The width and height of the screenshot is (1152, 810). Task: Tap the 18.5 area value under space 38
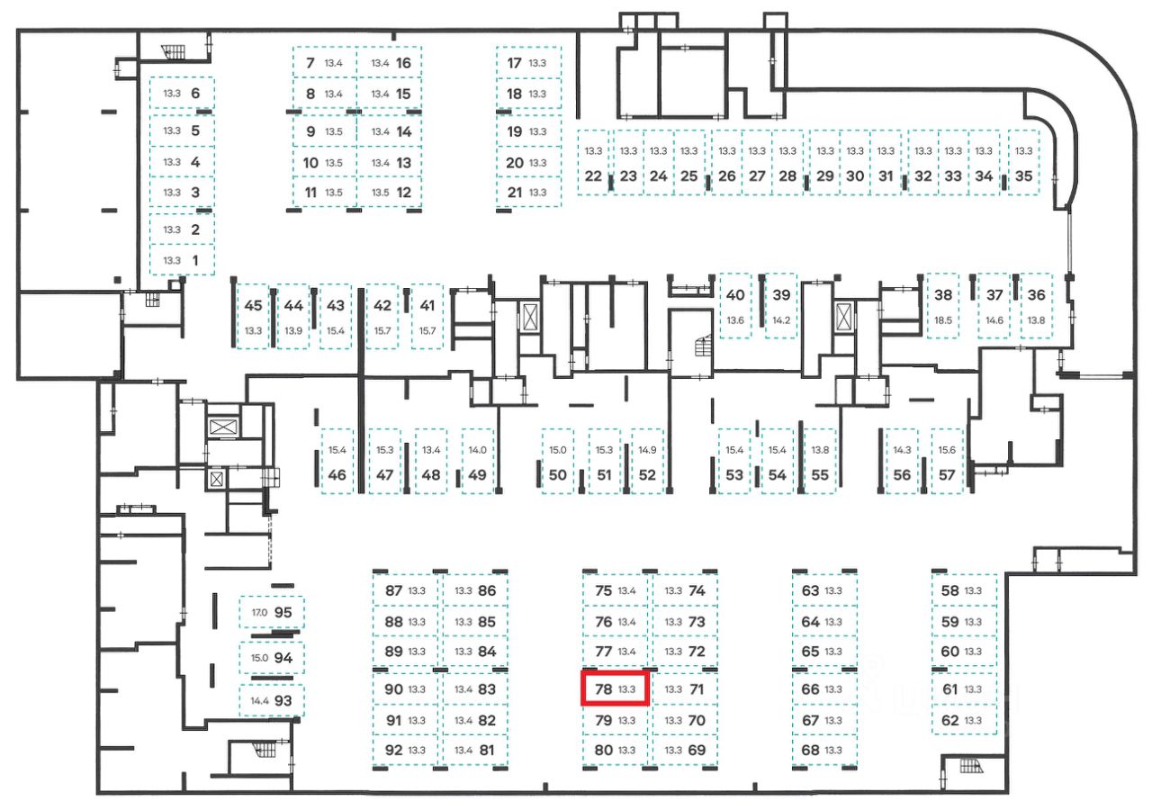tap(943, 320)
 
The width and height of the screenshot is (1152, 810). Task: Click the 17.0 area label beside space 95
tap(259, 612)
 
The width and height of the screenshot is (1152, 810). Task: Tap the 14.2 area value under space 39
tap(781, 320)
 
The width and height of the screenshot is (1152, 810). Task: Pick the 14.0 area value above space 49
tap(477, 450)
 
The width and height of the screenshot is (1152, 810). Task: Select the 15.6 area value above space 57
tap(947, 450)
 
